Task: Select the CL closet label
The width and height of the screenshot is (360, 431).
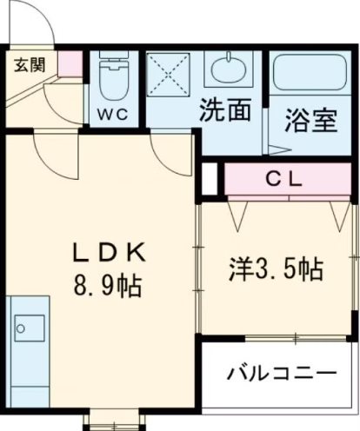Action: coord(283,181)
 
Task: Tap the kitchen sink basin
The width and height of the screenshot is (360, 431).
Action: coord(30,329)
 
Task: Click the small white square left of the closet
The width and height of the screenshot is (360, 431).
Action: coord(209,179)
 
